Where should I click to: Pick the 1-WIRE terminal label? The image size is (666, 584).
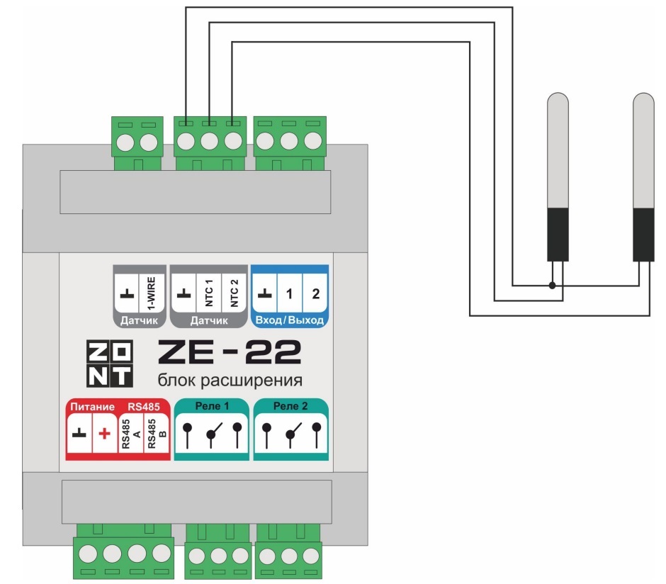tap(151, 293)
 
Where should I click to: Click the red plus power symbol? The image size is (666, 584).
tap(103, 434)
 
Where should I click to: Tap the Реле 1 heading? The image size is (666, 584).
tap(212, 407)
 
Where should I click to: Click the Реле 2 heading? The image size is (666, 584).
tap(290, 407)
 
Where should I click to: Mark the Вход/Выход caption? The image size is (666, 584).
tap(290, 320)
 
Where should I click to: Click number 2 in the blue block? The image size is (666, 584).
tap(315, 292)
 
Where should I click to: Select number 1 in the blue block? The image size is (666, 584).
tap(290, 292)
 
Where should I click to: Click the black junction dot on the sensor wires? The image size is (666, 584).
tap(552, 286)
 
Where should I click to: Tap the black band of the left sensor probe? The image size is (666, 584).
tap(558, 234)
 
